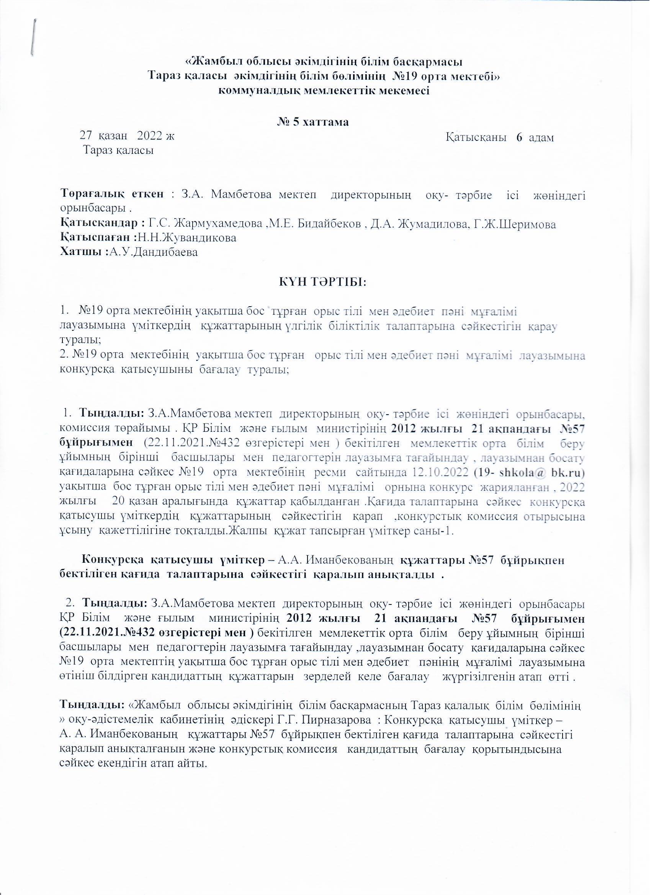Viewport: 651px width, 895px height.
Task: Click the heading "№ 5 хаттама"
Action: [312, 122]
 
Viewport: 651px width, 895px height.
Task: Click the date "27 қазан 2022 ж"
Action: [127, 136]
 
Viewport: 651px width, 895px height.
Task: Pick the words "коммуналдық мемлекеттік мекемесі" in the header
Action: [324, 90]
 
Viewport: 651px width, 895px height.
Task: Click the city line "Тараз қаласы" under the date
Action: [118, 150]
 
